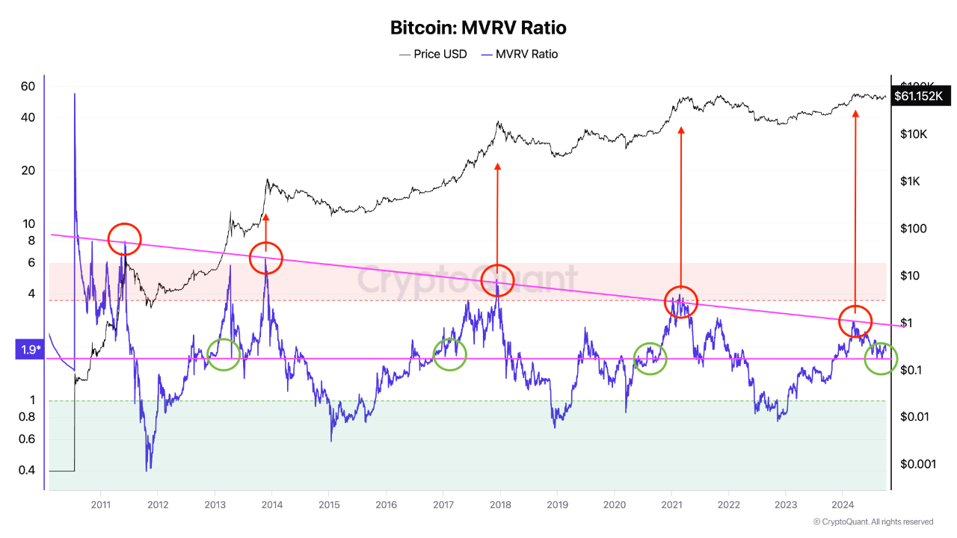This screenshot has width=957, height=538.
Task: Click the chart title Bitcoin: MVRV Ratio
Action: pos(478,28)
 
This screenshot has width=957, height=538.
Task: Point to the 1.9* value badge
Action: pos(29,349)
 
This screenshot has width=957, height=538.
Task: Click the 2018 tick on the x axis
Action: pos(499,504)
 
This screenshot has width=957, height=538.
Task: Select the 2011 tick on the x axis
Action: pos(101,504)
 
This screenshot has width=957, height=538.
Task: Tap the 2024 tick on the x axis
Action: pos(842,504)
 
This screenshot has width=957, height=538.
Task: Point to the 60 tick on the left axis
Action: pos(28,87)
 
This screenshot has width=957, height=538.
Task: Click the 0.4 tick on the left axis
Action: pos(28,470)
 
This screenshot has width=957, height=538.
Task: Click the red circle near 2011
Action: pos(125,239)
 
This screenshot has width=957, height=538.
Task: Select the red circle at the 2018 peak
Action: pos(497,280)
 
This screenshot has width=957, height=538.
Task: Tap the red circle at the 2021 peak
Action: pos(680,302)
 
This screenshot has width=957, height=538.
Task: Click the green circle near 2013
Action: pos(224,354)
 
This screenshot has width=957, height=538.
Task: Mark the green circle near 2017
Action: pos(450,354)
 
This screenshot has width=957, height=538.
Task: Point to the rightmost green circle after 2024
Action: pos(881,359)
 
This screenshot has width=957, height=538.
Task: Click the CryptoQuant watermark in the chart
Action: pos(466,279)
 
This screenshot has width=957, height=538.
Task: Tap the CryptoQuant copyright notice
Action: pos(873,522)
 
